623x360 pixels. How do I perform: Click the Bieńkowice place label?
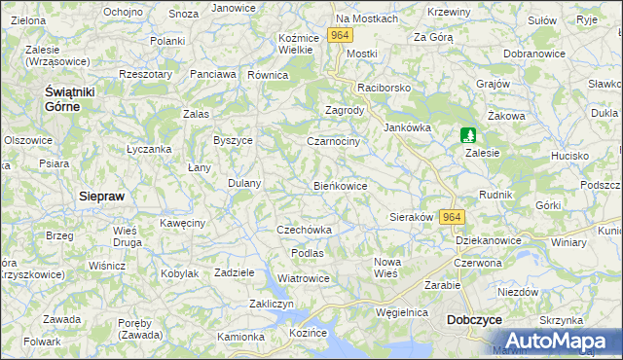point(340,185)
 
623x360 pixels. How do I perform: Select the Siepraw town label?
point(100,195)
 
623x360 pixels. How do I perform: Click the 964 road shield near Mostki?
point(339,35)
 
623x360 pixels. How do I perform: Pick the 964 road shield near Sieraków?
point(452,217)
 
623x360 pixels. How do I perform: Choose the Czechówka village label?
point(305,230)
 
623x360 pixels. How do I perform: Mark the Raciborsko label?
point(385,88)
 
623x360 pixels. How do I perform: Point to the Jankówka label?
point(407,127)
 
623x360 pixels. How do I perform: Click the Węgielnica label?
point(402,312)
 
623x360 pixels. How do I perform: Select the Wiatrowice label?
point(304,278)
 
